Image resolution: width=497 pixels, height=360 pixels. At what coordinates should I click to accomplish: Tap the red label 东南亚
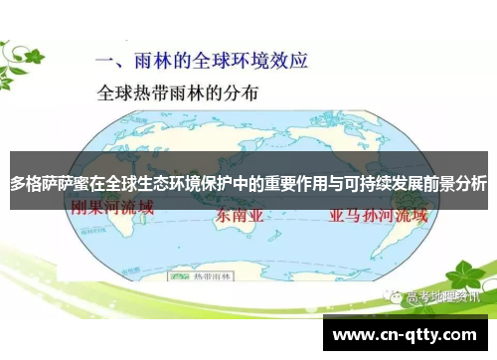(x=241, y=215)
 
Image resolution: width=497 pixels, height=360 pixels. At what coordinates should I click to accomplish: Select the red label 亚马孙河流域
(x=372, y=213)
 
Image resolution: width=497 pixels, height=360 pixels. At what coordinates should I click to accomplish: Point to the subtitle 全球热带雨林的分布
(x=178, y=95)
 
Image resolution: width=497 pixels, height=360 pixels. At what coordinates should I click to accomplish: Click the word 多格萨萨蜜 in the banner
(x=44, y=184)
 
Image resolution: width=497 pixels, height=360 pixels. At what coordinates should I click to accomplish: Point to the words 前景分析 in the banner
(x=456, y=184)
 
